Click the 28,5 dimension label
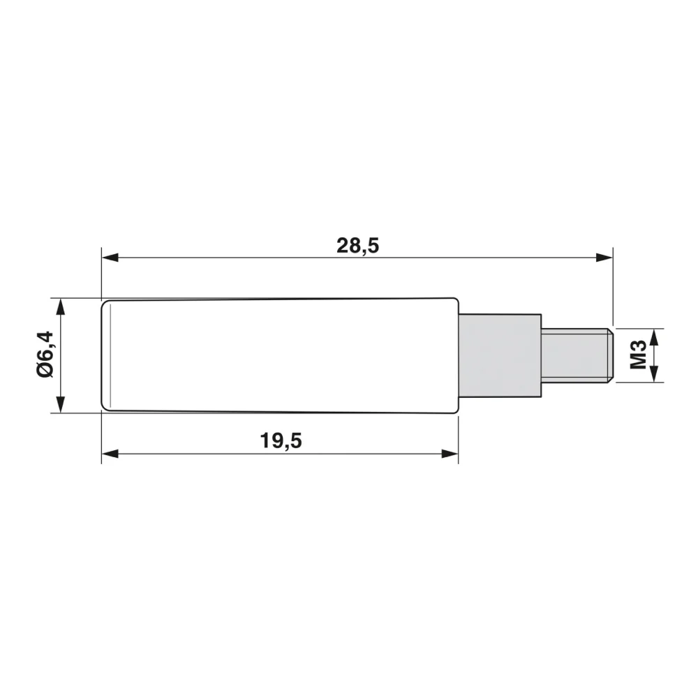coord(357,246)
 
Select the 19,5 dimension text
coord(281,440)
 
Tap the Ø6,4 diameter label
coord(45,355)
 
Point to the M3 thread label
coord(639,355)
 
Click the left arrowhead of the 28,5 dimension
coord(110,258)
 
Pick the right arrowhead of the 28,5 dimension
coord(604,258)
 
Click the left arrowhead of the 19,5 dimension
coord(110,454)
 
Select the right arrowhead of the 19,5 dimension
coord(450,454)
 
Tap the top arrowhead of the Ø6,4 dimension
coord(61,306)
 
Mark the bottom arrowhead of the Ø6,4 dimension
coord(61,404)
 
